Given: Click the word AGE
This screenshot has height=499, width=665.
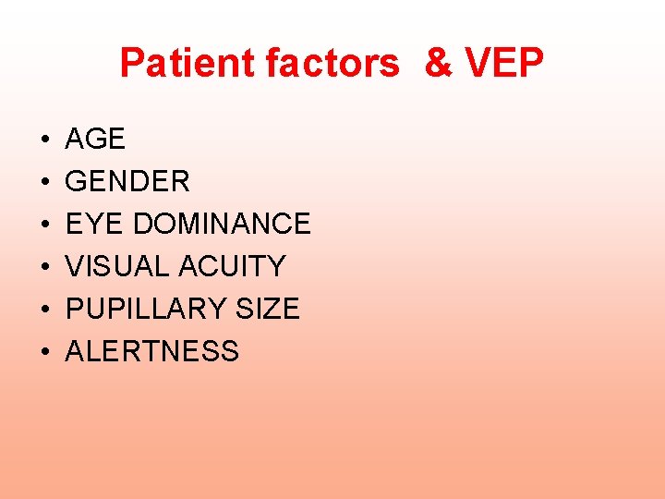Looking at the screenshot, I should [95, 139].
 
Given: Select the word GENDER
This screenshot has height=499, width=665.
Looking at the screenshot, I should [127, 181].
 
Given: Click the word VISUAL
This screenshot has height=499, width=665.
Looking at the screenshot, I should [119, 266].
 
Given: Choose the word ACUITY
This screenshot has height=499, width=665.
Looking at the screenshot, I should [233, 266].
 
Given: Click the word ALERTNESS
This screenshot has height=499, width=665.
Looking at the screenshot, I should [152, 351].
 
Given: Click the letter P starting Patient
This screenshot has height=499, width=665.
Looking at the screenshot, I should [132, 64].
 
